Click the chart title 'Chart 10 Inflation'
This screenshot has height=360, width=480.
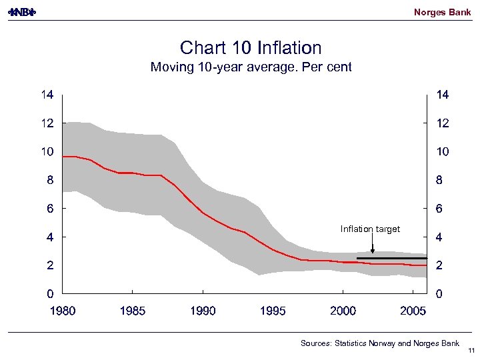point(251,48)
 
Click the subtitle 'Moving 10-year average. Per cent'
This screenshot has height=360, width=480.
point(251,67)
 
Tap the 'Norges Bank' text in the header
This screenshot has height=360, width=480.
point(442,12)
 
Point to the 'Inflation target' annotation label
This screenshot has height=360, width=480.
point(370,229)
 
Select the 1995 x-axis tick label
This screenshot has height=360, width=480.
point(273,311)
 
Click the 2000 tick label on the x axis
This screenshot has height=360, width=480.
point(343,311)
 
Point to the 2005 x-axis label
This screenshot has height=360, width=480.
point(413,311)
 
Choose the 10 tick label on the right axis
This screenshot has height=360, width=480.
point(442,152)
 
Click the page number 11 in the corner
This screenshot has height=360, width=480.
point(471,351)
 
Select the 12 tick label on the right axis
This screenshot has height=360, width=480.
point(442,124)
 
